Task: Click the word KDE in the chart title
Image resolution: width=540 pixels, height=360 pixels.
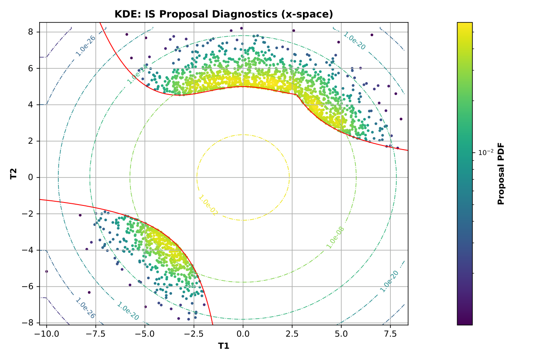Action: pyautogui.click(x=124, y=15)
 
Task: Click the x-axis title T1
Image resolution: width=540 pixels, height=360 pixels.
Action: pyautogui.click(x=224, y=346)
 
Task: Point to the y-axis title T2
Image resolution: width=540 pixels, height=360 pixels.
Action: pyautogui.click(x=14, y=174)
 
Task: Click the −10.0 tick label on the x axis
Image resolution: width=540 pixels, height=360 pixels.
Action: pyautogui.click(x=47, y=334)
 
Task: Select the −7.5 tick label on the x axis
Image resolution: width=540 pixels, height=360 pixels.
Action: pyautogui.click(x=95, y=334)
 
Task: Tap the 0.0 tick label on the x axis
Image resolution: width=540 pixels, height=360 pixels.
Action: pyautogui.click(x=243, y=334)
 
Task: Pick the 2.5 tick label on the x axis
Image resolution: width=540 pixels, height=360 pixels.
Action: pyautogui.click(x=292, y=334)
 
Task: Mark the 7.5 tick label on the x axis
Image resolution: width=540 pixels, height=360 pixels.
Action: pyautogui.click(x=390, y=334)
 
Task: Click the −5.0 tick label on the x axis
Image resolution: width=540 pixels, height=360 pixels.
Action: pyautogui.click(x=145, y=334)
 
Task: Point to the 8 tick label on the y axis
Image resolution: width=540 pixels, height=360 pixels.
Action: pyautogui.click(x=30, y=32)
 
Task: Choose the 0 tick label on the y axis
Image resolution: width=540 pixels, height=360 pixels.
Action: pyautogui.click(x=30, y=177)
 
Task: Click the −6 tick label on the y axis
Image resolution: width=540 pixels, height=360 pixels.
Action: pyautogui.click(x=28, y=287)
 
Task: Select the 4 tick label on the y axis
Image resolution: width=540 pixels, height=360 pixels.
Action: pyautogui.click(x=30, y=105)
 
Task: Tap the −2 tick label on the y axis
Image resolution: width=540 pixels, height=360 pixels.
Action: pyautogui.click(x=28, y=214)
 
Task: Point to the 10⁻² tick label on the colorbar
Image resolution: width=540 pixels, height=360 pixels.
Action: pyautogui.click(x=485, y=153)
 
